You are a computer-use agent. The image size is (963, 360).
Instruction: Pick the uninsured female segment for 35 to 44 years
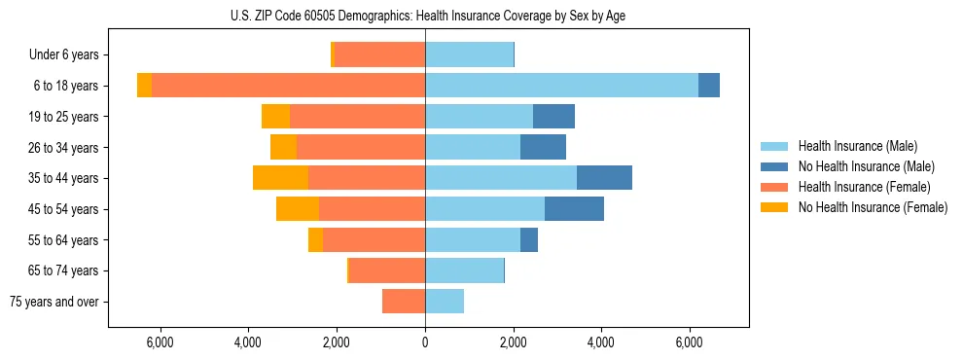point(280,178)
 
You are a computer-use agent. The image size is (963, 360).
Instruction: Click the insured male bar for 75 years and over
point(445,302)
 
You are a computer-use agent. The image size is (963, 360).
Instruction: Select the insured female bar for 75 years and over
point(404,302)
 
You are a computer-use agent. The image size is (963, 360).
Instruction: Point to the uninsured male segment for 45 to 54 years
point(574,209)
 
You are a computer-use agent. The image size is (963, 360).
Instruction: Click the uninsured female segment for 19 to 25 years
point(275,117)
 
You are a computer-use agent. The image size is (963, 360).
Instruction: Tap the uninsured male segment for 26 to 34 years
point(543,148)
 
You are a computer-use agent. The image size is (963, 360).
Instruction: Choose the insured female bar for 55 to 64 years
point(374,240)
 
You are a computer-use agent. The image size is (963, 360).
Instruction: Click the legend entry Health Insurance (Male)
point(857,146)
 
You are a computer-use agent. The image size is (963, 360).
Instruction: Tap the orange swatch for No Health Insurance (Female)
point(774,207)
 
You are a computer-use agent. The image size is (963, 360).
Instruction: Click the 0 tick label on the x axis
point(425,342)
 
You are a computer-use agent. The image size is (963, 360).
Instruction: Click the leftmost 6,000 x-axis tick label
point(160,342)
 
